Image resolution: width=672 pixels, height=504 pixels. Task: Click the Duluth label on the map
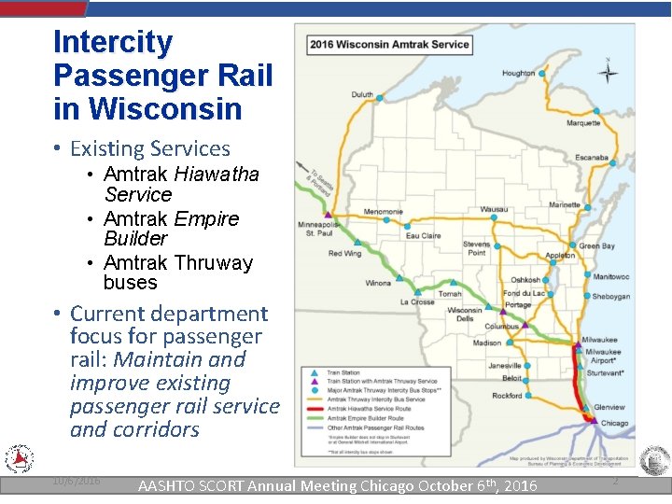pos(362,94)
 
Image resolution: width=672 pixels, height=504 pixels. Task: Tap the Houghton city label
pos(518,73)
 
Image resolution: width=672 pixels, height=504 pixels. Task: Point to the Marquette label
pos(583,123)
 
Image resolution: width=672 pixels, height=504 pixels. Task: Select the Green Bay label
pos(596,245)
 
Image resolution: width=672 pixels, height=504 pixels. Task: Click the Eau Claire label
pos(423,236)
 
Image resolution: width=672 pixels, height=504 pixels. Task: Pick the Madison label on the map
pos(486,343)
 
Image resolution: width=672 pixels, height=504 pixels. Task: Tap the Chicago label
pos(614,423)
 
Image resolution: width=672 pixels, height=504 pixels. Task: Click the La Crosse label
pos(417,301)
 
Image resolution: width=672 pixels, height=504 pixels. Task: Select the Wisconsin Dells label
pos(464,315)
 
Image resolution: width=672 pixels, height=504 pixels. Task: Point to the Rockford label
pos(507,396)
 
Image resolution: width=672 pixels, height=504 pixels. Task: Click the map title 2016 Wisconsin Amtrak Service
pos(389,44)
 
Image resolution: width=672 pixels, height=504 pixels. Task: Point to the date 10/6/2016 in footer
pos(76,480)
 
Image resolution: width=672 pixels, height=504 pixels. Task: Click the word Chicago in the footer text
pos(375,485)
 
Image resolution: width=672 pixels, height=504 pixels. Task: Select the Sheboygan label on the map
pos(610,297)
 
